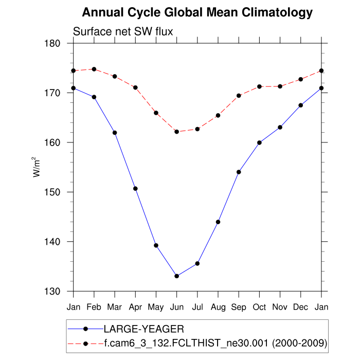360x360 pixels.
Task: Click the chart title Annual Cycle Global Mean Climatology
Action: pyautogui.click(x=197, y=12)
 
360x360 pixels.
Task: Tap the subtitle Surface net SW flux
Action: pyautogui.click(x=123, y=32)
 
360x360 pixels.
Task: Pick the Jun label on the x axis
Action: pyautogui.click(x=176, y=308)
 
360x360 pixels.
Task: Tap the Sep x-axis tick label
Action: pyautogui.click(x=239, y=308)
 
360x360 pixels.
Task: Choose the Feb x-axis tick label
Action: pyautogui.click(x=94, y=308)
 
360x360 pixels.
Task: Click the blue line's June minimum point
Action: pyautogui.click(x=176, y=276)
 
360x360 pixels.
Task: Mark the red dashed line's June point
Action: pyautogui.click(x=176, y=132)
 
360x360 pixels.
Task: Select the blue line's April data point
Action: pyautogui.click(x=135, y=189)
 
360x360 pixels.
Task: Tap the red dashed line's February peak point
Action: pyautogui.click(x=94, y=69)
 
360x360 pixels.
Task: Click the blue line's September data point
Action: pyautogui.click(x=239, y=172)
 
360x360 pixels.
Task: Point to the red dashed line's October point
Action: pyautogui.click(x=259, y=86)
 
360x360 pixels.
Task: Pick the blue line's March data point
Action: pyautogui.click(x=115, y=133)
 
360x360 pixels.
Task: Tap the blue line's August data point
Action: pyautogui.click(x=218, y=222)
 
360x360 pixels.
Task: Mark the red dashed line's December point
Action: pyautogui.click(x=301, y=79)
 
